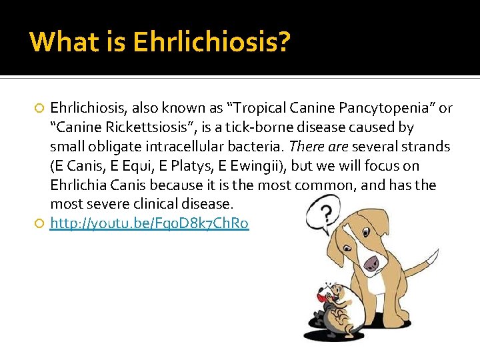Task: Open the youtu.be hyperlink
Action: [x=149, y=224]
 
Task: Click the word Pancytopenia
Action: [x=377, y=108]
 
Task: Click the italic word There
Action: [x=307, y=147]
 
